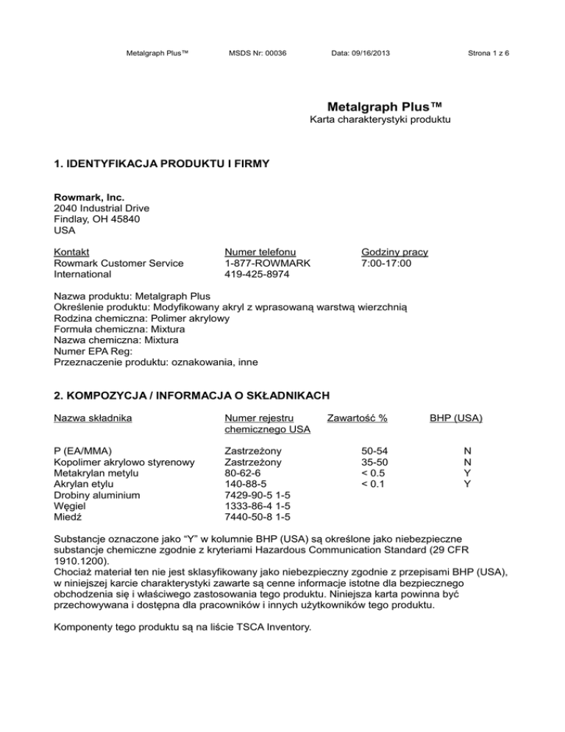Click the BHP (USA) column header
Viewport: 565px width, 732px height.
456,418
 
